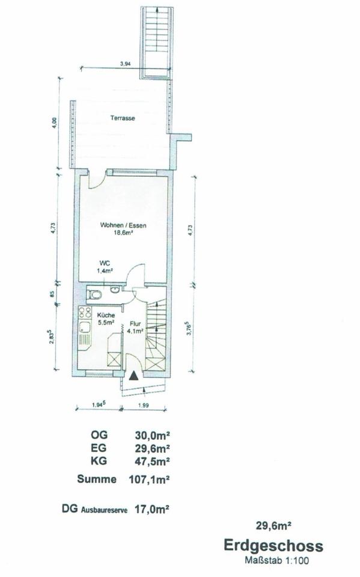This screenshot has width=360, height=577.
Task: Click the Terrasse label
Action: [x=123, y=118]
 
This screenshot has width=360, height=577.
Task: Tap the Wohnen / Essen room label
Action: [x=123, y=225]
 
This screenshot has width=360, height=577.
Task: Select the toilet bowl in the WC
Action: [x=95, y=295]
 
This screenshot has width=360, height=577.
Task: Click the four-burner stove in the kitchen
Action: [x=85, y=313]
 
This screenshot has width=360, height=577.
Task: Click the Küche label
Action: [x=106, y=316]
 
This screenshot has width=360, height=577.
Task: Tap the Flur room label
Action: [x=133, y=325]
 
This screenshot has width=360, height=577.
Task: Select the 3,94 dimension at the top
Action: [x=126, y=64]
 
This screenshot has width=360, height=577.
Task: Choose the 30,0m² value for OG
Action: [x=153, y=435]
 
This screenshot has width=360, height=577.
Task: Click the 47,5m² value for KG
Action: [x=153, y=461]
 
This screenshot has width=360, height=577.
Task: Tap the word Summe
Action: [x=97, y=479]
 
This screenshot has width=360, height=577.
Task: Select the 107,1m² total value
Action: [x=149, y=480]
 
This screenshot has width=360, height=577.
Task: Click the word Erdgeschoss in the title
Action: [x=273, y=546]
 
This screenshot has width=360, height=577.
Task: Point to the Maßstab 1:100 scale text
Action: [x=277, y=561]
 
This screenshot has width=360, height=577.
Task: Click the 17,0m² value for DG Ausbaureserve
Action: [x=153, y=510]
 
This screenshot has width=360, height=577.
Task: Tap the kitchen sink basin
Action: [x=85, y=327]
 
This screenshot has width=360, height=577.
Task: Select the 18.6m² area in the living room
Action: [x=123, y=233]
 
